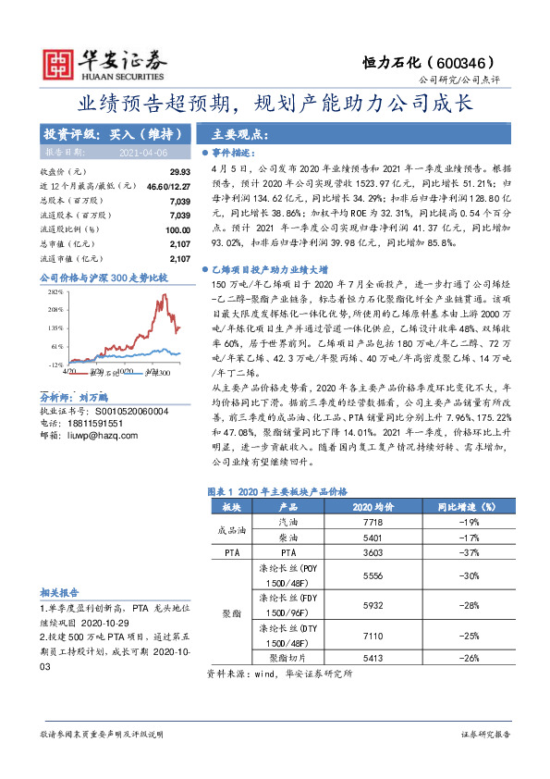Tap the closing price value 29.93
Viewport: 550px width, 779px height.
coord(179,173)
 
